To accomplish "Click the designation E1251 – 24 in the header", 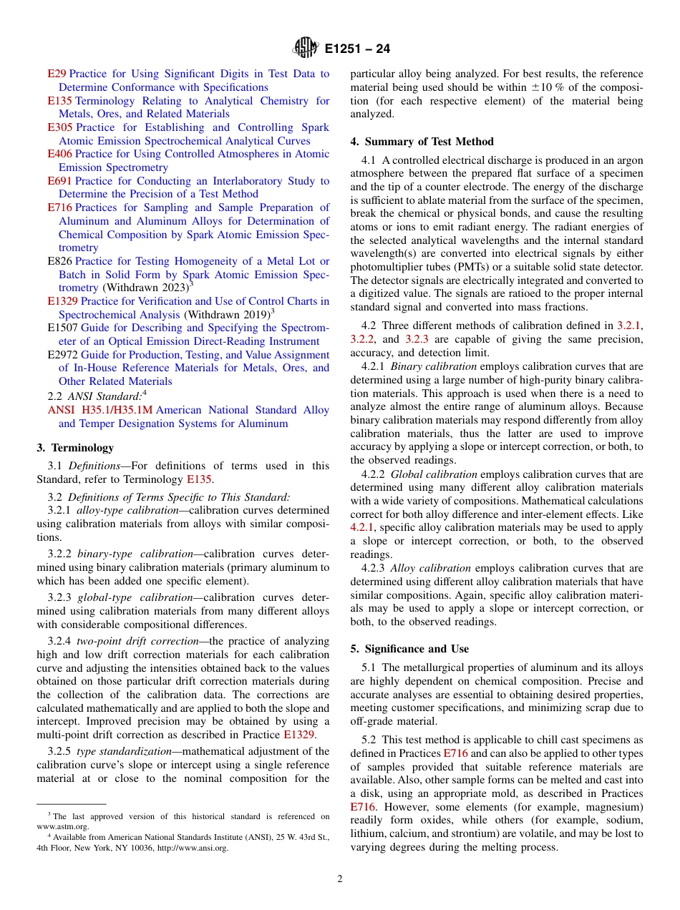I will click(357, 49).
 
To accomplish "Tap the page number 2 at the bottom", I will click(340, 879).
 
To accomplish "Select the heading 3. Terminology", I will click(75, 448).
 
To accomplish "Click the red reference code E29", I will click(57, 74).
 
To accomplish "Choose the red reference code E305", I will click(59, 127).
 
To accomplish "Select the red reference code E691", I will click(59, 181).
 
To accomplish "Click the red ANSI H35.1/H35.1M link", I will click(100, 410).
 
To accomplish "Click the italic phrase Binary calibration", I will click(433, 366).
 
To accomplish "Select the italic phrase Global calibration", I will click(434, 474).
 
